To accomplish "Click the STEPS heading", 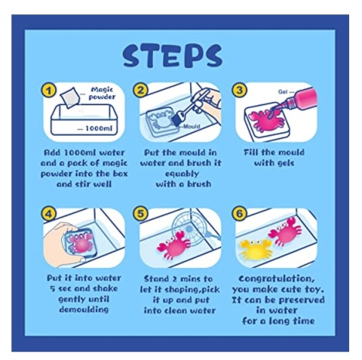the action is (173, 56).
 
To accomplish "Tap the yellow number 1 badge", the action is (48, 91).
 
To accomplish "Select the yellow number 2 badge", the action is (140, 90).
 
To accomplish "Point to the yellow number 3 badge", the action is (239, 90).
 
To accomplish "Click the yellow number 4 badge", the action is (48, 214).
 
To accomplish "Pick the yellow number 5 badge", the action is (140, 214).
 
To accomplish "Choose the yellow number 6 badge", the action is (239, 214).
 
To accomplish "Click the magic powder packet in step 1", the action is (69, 97).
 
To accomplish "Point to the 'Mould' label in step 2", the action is (192, 126).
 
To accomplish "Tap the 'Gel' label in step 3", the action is (283, 92).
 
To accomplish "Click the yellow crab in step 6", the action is (256, 250).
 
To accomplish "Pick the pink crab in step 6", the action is (285, 231).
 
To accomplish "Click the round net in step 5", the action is (188, 228).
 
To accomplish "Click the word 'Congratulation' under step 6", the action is (277, 278).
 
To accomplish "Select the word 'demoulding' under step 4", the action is (84, 309).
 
